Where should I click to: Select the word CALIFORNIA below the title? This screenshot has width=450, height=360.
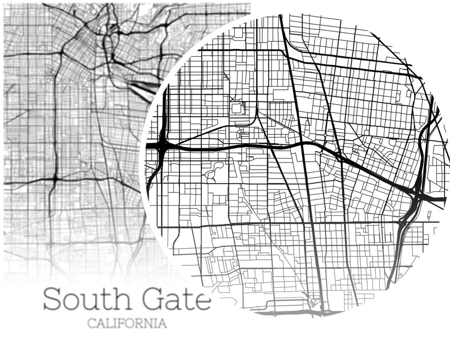pyautogui.click(x=127, y=324)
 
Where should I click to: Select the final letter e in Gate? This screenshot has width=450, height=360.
pyautogui.click(x=202, y=302)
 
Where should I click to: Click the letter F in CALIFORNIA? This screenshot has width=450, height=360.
pyautogui.click(x=120, y=324)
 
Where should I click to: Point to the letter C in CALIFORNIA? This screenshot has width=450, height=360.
pyautogui.click(x=91, y=324)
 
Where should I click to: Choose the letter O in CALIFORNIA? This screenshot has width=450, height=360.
pyautogui.click(x=128, y=324)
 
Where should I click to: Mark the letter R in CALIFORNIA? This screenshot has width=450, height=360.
pyautogui.click(x=138, y=324)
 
